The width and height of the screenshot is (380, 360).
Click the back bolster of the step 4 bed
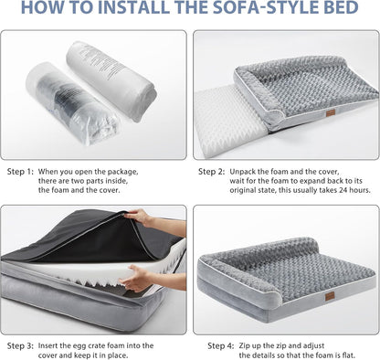292,243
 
